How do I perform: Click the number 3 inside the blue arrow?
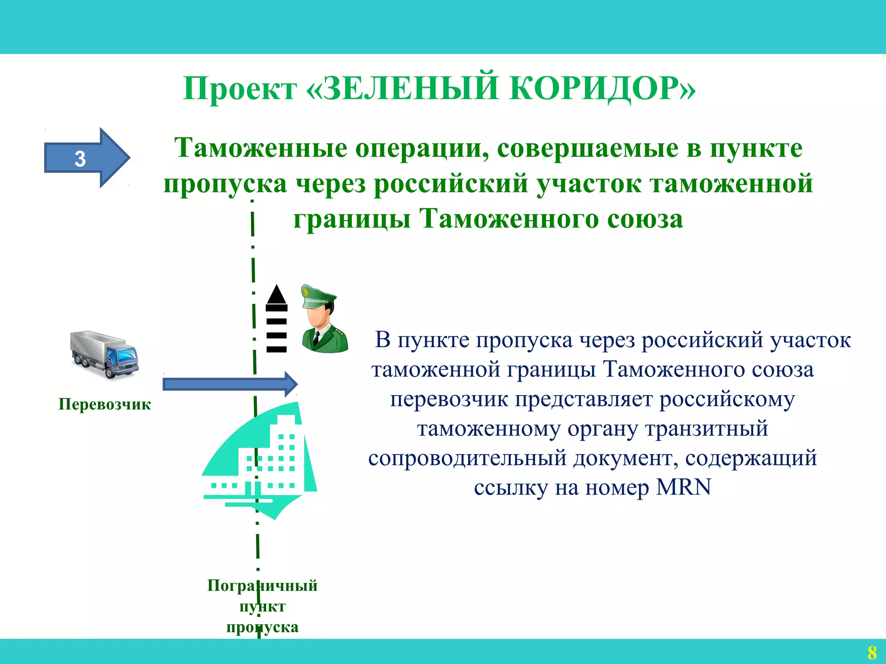tap(80, 159)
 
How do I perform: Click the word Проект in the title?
tap(240, 89)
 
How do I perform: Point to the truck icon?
tap(104, 354)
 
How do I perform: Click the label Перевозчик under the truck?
tap(105, 404)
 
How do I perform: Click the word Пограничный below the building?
tap(262, 585)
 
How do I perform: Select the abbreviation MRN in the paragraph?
tap(684, 487)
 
